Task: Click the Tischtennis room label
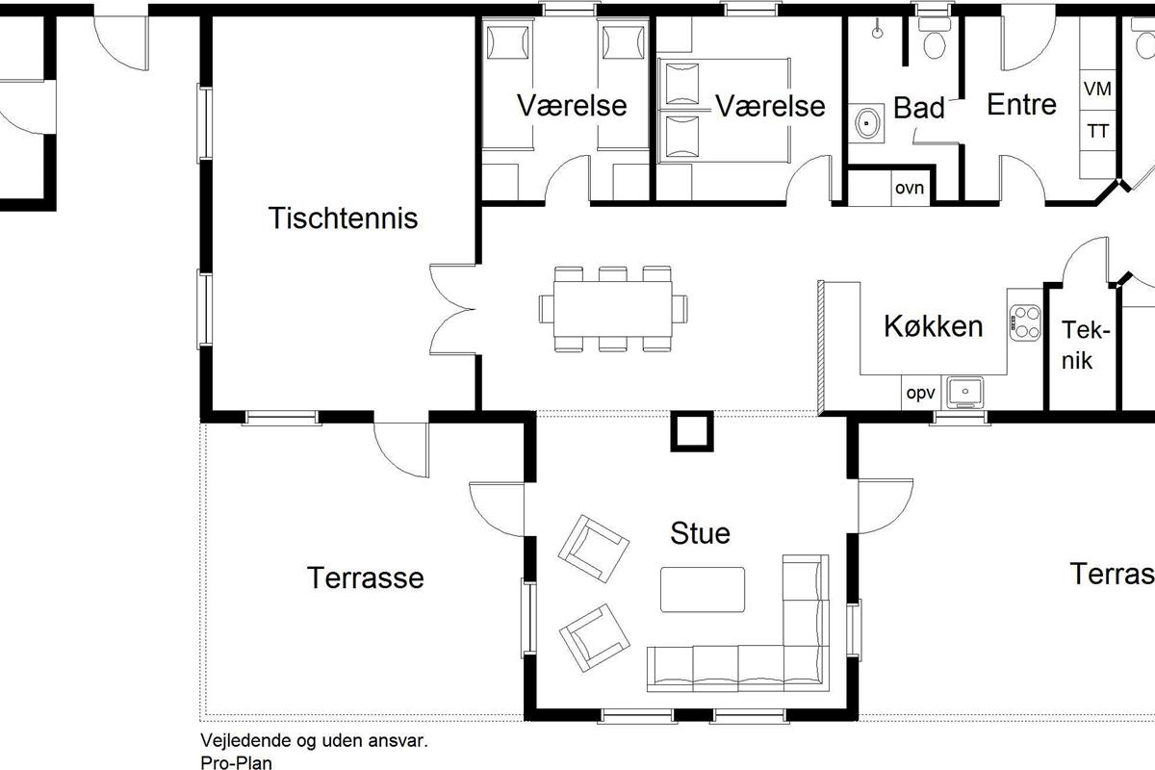coord(343,218)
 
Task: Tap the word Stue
coord(701,533)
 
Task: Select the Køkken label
coord(934,326)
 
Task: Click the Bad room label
coord(919,108)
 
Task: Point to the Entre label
coord(1021,105)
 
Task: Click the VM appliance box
coord(1098,89)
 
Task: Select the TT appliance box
coord(1098,131)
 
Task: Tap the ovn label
coord(910,188)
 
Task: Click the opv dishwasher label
coord(921,394)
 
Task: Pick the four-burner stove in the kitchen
coord(1025,322)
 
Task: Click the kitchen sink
coord(964,392)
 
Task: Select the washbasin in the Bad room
coord(867,124)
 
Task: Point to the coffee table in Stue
coord(703,589)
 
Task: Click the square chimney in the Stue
coord(692,431)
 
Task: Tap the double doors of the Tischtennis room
coord(452,310)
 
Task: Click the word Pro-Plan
coord(236,762)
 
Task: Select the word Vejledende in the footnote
coord(246,741)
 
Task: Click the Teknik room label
coord(1085,345)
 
